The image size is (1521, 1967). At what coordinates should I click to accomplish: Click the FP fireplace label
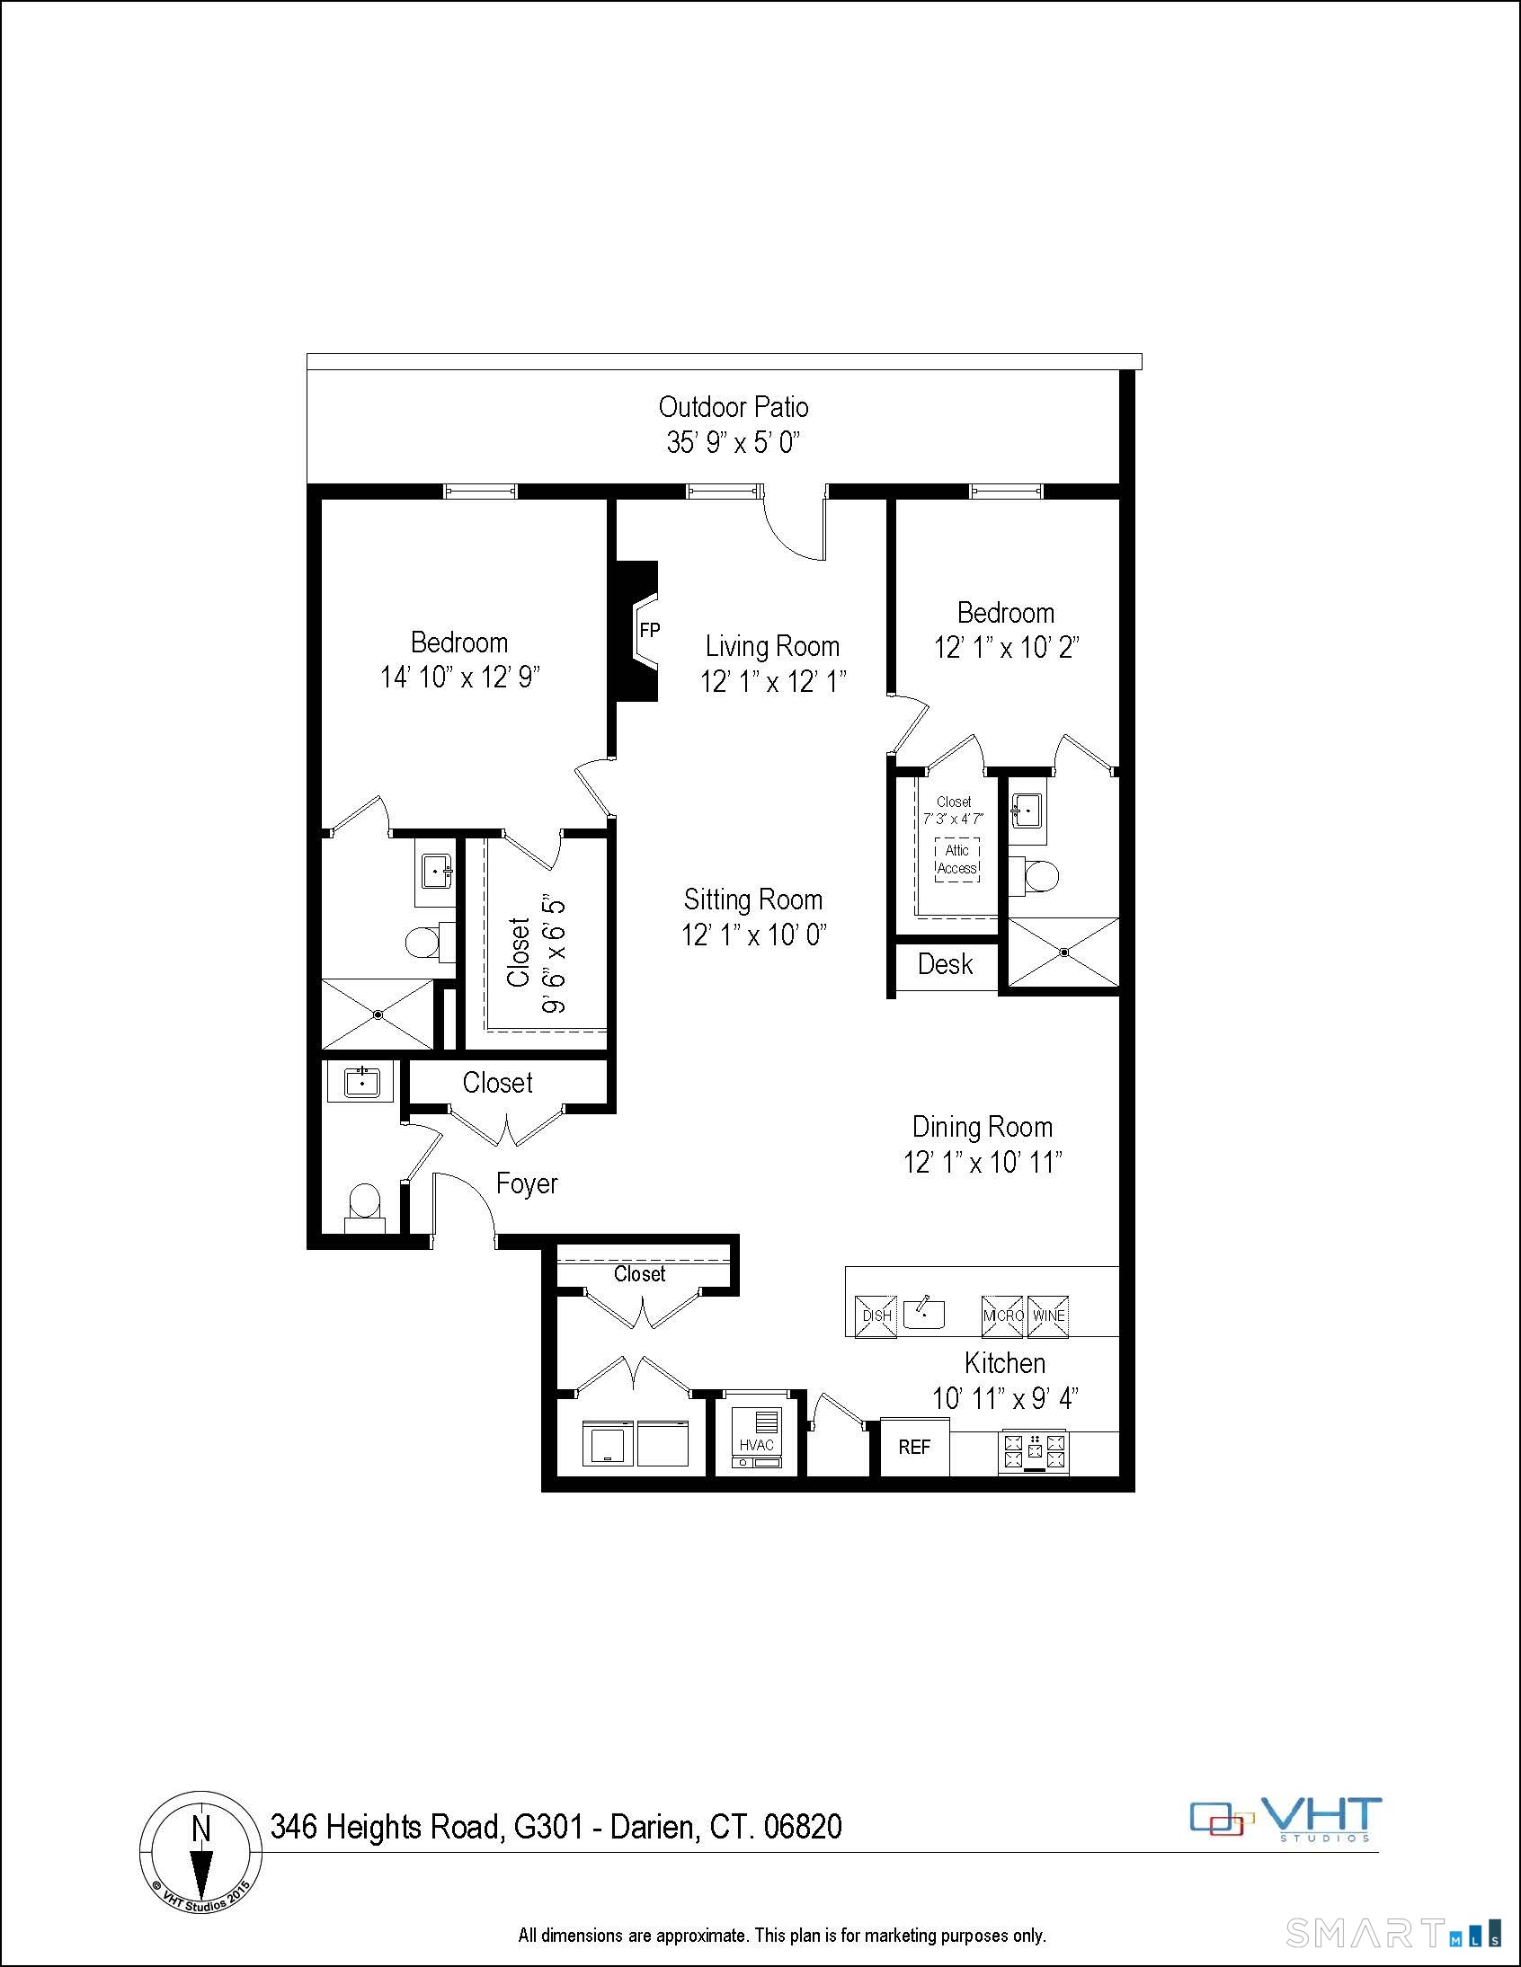(x=649, y=630)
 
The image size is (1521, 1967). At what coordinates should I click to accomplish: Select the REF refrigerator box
(x=913, y=1447)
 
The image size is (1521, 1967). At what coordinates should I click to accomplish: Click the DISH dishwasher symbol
(x=876, y=1316)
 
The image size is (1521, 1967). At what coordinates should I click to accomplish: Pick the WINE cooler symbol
(x=1048, y=1316)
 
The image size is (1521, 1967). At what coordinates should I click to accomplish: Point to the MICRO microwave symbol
(x=1002, y=1316)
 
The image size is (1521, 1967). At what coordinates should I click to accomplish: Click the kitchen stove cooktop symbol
(x=1034, y=1449)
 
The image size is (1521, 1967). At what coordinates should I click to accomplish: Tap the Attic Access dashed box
(x=957, y=859)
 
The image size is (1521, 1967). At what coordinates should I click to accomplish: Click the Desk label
(x=945, y=964)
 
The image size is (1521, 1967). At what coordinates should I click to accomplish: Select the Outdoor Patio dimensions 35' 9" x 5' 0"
(x=734, y=442)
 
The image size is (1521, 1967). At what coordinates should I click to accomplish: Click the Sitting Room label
(x=752, y=899)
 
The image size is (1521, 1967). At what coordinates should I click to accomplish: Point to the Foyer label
(x=526, y=1183)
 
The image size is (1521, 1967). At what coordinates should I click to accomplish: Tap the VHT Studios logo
(x=1285, y=1820)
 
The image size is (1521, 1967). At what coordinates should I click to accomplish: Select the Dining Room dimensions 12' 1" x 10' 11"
(x=983, y=1162)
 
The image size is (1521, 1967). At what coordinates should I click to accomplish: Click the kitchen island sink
(x=923, y=1313)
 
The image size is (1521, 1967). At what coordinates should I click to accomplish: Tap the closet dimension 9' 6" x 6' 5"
(x=553, y=953)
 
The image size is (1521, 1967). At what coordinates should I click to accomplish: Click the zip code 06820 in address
(x=803, y=1827)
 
